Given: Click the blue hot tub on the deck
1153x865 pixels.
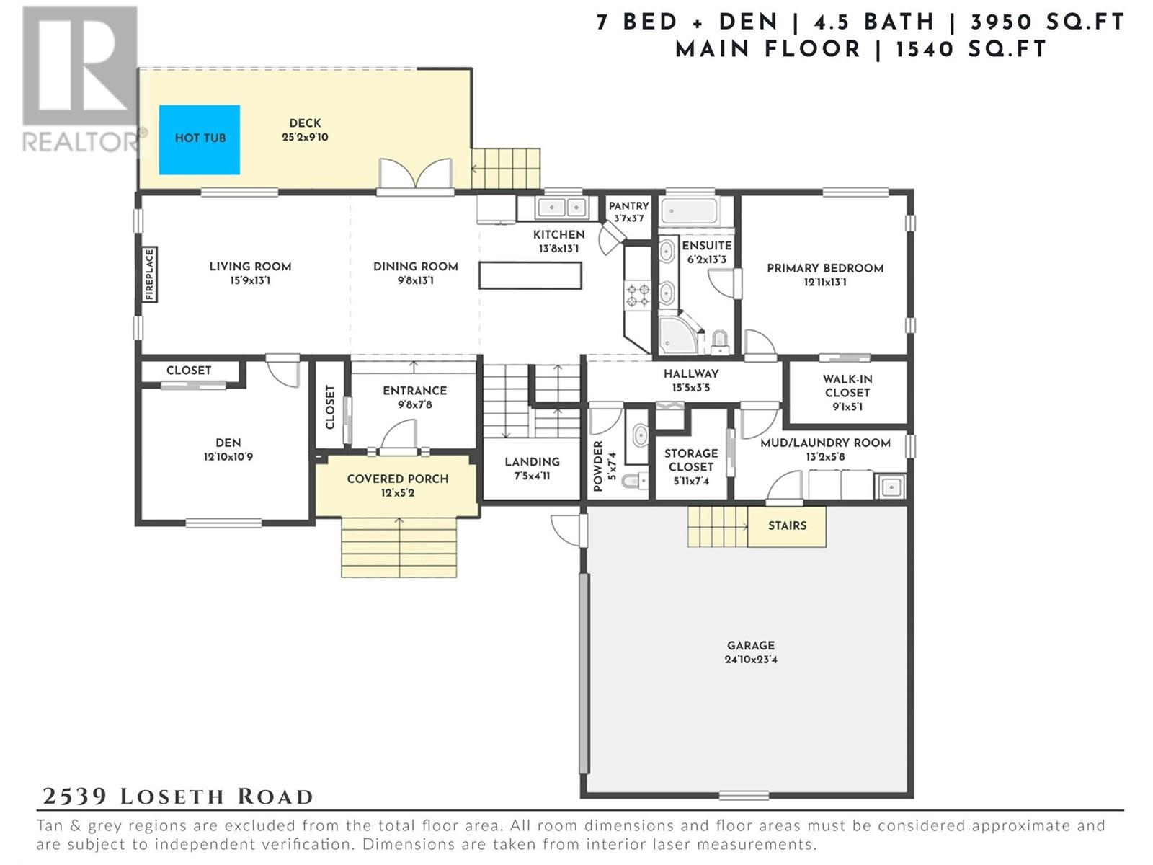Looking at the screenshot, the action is point(200,139).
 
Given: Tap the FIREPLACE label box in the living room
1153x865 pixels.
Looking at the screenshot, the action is point(150,275).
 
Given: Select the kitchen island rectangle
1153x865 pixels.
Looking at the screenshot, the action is point(530,276).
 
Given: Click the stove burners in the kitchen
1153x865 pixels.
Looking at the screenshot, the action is point(638,295).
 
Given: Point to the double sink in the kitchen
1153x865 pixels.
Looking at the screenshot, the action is point(561,208).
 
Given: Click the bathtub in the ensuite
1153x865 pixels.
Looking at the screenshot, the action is point(690,212).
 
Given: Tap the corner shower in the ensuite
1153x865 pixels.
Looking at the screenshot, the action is point(679,334).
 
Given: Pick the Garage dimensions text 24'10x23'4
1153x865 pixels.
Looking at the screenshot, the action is point(751,659).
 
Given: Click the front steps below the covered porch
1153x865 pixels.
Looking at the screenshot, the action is point(399,547).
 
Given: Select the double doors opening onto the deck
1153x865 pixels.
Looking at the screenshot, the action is point(416,174).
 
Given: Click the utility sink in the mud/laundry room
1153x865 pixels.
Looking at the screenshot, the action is point(890,487).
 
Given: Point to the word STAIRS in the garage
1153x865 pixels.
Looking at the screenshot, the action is point(787,525).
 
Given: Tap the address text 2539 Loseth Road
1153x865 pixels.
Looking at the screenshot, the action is point(177,797).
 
